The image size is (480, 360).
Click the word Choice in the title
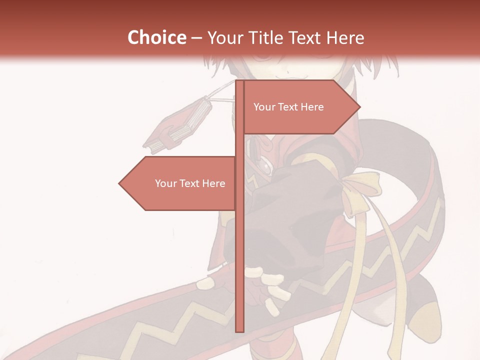(x=156, y=37)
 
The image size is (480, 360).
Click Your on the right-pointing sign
(x=264, y=107)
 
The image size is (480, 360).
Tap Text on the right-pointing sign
(x=288, y=107)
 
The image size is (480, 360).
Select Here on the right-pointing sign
(x=312, y=107)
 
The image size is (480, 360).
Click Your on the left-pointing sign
(x=165, y=183)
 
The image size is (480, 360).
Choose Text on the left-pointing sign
(x=190, y=183)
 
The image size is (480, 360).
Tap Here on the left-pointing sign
(x=214, y=183)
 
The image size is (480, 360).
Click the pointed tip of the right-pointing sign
(x=359, y=107)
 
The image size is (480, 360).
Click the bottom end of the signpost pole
(x=239, y=330)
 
